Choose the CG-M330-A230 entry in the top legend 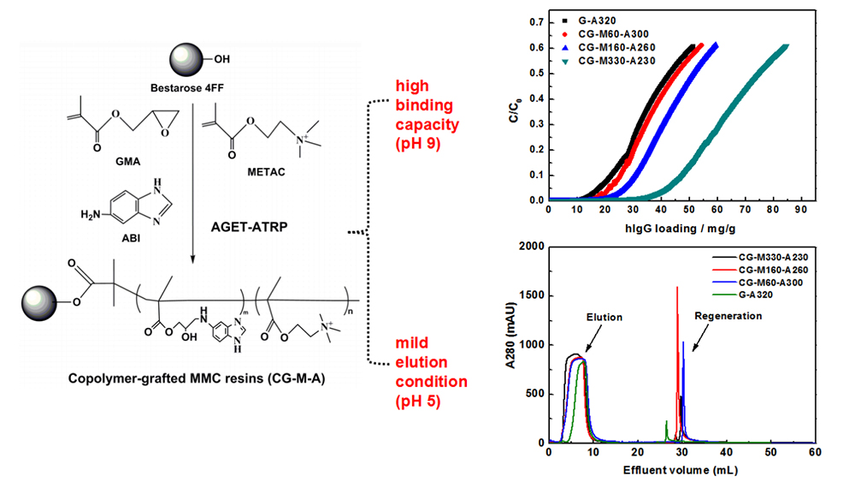[x=615, y=62]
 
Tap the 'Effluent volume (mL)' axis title [x=681, y=470]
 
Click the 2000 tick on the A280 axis [x=527, y=247]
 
